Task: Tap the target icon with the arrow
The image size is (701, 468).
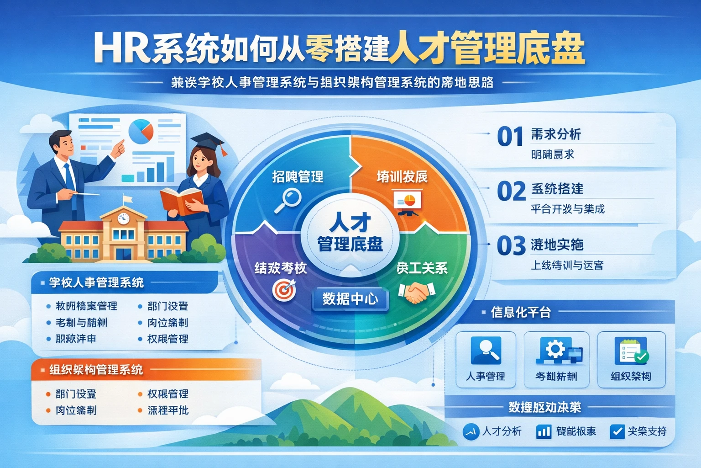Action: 284,290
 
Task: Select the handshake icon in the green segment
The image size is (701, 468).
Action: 416,292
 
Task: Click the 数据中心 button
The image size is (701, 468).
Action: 350,299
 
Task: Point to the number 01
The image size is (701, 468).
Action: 510,137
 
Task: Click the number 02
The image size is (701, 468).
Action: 511,191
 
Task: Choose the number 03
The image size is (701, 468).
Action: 511,246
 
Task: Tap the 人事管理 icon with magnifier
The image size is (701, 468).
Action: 486,351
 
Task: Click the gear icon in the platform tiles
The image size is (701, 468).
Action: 555,350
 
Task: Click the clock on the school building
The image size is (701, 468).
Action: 124,218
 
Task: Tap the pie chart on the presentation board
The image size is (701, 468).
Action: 141,130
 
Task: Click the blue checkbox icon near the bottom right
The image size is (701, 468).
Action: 617,431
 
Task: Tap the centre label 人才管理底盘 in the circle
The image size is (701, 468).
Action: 350,233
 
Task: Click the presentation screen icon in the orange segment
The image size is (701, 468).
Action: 407,203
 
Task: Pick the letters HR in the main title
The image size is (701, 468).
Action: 121,48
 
